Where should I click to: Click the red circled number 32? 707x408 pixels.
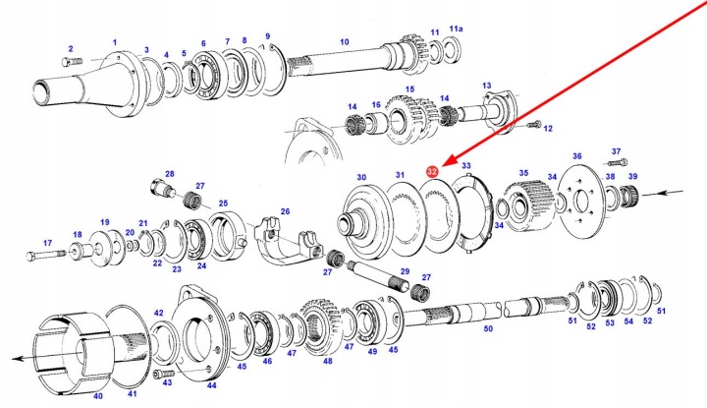click(432, 171)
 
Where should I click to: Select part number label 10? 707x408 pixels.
click(345, 42)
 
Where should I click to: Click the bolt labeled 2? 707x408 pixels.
click(72, 61)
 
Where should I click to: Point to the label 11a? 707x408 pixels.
click(456, 29)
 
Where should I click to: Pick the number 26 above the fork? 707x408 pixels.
click(285, 211)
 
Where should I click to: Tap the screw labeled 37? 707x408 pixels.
click(618, 162)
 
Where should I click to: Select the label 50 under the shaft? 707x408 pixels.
click(488, 328)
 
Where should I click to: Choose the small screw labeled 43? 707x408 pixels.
click(164, 374)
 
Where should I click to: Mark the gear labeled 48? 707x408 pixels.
click(320, 326)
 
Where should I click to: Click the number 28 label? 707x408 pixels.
click(170, 174)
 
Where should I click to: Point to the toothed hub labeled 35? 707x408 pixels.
click(524, 204)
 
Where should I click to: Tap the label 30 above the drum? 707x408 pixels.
click(361, 177)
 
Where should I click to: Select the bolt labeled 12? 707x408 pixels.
click(533, 125)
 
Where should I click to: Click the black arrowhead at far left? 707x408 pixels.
click(17, 359)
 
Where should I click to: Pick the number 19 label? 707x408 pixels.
click(105, 222)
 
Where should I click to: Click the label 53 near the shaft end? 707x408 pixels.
click(610, 323)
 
